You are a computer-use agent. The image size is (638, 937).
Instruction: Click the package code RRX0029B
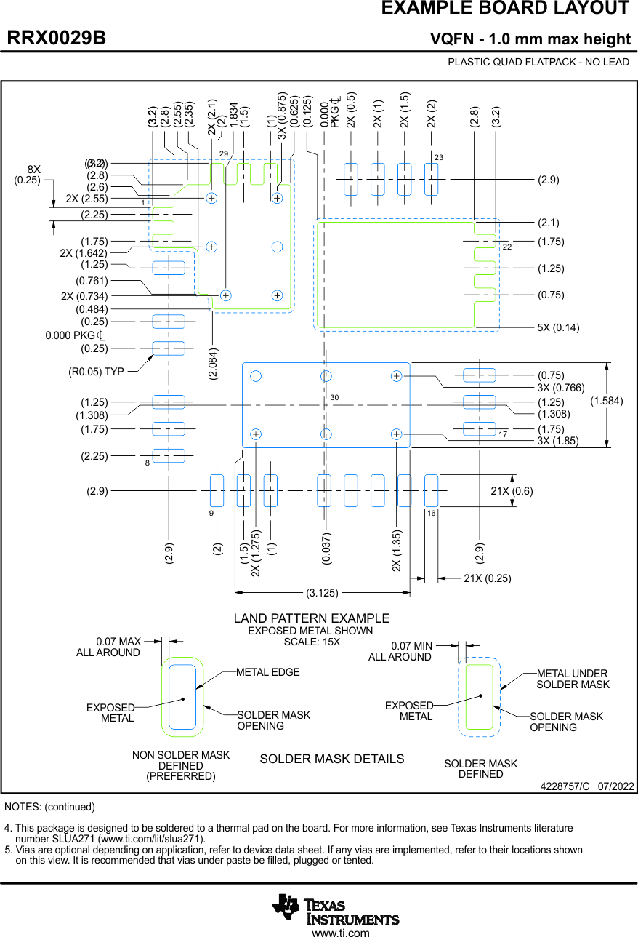click(x=57, y=39)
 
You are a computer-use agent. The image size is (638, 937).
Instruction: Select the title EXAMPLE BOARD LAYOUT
click(x=505, y=9)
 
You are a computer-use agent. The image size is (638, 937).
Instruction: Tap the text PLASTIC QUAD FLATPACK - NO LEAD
click(x=538, y=62)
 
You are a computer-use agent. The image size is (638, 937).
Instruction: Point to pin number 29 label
click(x=224, y=153)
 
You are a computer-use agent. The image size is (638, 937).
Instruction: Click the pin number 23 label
click(x=439, y=157)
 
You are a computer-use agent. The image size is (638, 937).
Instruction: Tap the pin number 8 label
click(x=147, y=463)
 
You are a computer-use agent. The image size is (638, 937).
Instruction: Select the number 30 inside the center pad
click(x=334, y=398)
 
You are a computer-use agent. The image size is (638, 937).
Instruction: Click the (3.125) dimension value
click(x=322, y=593)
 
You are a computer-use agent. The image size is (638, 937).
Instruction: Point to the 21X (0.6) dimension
click(x=512, y=491)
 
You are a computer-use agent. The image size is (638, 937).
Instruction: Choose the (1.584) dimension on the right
click(x=606, y=401)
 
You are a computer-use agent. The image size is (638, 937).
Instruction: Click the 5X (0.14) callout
click(x=558, y=327)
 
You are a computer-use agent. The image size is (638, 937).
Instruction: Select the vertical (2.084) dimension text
click(x=213, y=364)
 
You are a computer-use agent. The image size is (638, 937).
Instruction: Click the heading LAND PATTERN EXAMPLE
click(x=311, y=618)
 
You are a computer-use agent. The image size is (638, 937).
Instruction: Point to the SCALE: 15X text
click(x=311, y=642)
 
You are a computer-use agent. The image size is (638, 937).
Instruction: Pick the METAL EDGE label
click(x=267, y=672)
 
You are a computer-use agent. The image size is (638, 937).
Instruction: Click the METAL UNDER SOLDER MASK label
click(x=573, y=679)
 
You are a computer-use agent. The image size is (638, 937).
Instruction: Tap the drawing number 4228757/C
click(x=565, y=787)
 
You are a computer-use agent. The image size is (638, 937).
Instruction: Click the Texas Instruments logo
click(x=335, y=909)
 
